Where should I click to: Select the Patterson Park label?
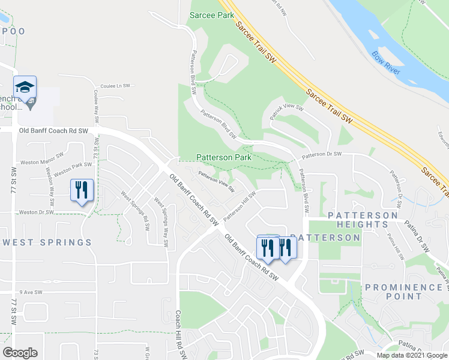click(x=223, y=157)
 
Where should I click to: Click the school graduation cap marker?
click(x=25, y=88)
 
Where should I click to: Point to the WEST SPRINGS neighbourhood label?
click(x=47, y=242)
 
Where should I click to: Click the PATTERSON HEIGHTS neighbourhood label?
click(x=363, y=220)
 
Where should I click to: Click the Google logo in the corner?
click(x=20, y=353)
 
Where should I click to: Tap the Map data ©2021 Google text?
click(x=412, y=355)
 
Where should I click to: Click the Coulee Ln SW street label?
click(x=115, y=86)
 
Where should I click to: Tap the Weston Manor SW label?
click(x=42, y=158)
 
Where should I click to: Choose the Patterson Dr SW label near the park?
click(x=322, y=155)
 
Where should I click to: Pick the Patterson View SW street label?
click(x=217, y=181)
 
